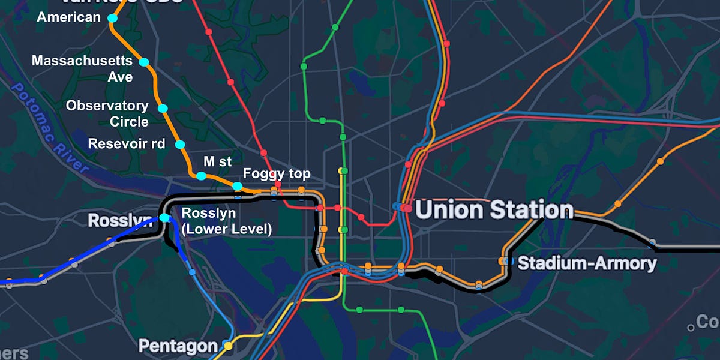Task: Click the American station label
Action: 68,17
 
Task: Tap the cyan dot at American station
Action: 112,19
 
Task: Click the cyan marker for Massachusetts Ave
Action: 144,62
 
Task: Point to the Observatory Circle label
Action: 107,113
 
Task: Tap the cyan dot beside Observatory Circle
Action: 163,108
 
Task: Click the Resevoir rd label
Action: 127,144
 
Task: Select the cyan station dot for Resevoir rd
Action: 179,145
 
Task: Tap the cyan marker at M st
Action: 201,176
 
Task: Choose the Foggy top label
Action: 277,174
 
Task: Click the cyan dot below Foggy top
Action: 238,187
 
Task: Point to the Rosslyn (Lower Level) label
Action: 226,221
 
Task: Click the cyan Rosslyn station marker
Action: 164,218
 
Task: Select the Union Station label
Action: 494,210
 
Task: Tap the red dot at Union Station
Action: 408,208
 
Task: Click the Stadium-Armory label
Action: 587,263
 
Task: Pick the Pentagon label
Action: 178,346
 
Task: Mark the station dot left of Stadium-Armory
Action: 503,261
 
